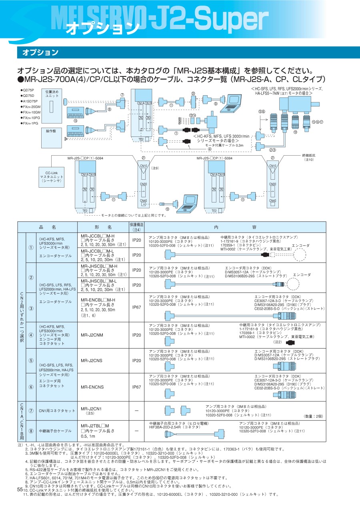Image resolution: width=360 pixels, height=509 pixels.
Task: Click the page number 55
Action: click(20, 489)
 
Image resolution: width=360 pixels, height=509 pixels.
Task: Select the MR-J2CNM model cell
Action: click(92, 335)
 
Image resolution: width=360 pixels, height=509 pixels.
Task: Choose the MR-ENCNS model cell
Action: click(92, 387)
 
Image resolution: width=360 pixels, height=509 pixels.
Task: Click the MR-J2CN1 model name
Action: click(91, 409)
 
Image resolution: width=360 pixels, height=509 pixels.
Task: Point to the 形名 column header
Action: click(102, 226)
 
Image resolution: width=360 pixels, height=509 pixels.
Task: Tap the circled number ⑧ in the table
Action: click(31, 431)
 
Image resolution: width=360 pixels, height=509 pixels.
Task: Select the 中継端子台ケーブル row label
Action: click(55, 431)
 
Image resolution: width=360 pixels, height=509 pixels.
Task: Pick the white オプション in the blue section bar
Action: click(40, 52)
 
